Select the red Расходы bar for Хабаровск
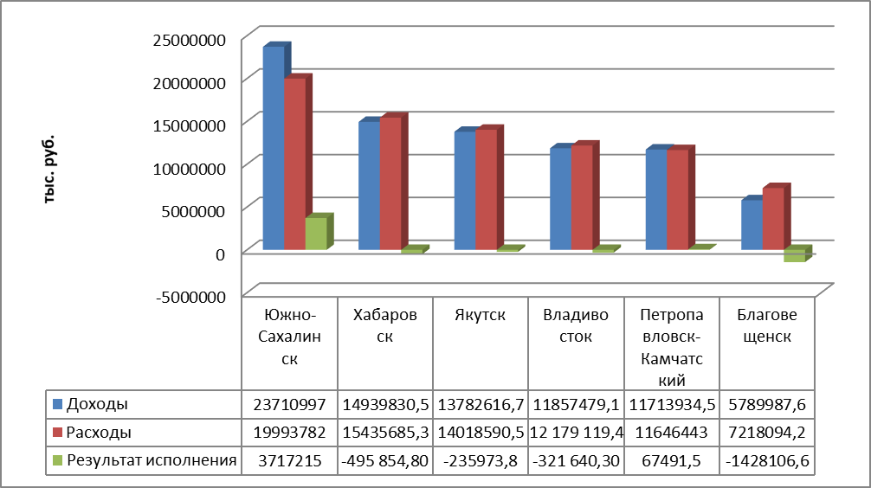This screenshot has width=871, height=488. tap(390, 183)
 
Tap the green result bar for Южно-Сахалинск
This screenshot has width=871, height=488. tap(316, 234)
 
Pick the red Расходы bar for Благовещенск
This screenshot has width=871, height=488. tap(773, 219)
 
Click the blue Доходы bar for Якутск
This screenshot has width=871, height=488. tap(465, 190)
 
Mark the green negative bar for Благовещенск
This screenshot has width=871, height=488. tap(794, 256)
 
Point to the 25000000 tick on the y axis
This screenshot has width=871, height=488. tap(188, 39)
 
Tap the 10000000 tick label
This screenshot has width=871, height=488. tap(188, 167)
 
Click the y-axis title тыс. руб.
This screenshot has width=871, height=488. tap(49, 169)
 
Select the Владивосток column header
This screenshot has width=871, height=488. tap(577, 326)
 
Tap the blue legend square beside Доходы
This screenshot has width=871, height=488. tap(58, 403)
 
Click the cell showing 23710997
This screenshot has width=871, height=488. tap(290, 403)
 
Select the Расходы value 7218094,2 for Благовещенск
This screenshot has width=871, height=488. tap(768, 432)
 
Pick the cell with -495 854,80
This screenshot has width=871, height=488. tap(385, 461)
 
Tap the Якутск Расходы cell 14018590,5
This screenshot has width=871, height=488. tap(481, 432)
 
